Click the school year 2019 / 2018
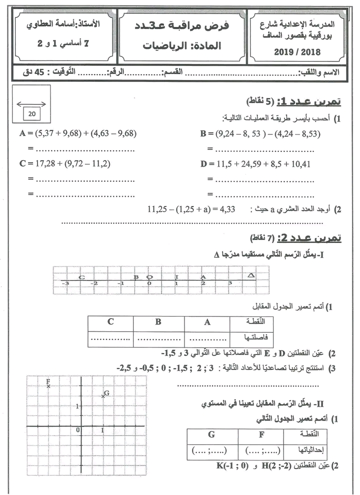coord(298,51)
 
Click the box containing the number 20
coord(33,114)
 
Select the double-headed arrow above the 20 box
coord(31,104)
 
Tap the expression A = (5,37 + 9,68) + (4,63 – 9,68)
coord(78,133)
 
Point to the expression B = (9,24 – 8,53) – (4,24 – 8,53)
coord(260,133)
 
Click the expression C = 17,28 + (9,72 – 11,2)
coord(65,163)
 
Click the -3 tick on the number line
coord(65,283)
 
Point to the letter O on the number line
coord(149,276)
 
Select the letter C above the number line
coord(81,276)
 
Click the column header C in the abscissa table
coord(110,322)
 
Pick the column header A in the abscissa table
coord(207,322)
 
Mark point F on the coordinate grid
coord(48,385)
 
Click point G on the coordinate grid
coord(103,396)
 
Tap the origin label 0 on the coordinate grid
coord(77,429)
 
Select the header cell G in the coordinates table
coord(211,434)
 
